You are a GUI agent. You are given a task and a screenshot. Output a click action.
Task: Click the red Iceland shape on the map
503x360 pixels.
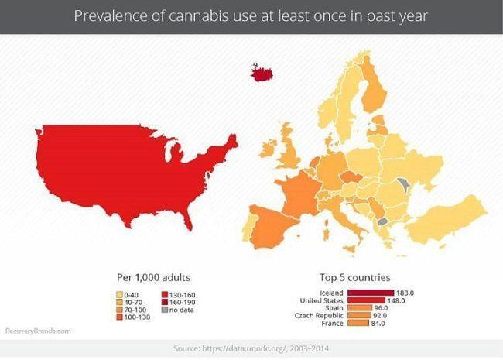click(264, 73)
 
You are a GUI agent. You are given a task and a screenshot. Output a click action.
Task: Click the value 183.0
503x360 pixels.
click(405, 293)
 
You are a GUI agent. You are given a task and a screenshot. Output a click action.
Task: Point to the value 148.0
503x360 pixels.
click(396, 300)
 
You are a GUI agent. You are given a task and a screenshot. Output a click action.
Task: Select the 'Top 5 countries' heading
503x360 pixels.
click(354, 277)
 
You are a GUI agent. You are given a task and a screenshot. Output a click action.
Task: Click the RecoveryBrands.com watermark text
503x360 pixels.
click(39, 331)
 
